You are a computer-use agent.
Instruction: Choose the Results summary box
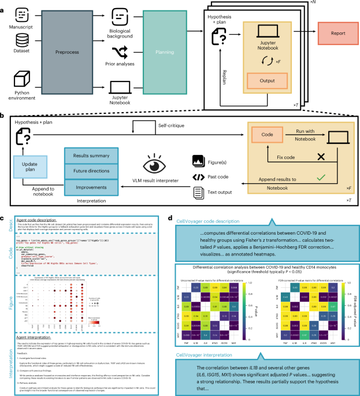tap(91, 157)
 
